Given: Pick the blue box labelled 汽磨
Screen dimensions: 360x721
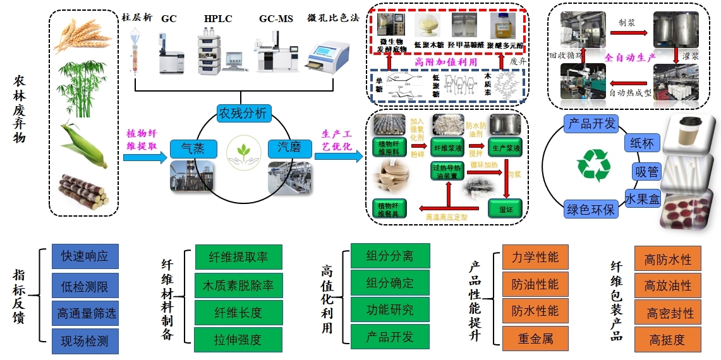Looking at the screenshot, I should [x=289, y=149].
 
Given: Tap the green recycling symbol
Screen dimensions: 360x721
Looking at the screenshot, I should [x=593, y=167].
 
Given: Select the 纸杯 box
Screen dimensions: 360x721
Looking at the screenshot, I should [x=643, y=143].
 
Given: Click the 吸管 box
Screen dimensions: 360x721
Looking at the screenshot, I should [x=646, y=171].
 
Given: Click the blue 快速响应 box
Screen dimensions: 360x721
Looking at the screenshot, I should [x=85, y=256].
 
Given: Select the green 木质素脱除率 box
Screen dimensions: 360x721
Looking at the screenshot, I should [x=238, y=285].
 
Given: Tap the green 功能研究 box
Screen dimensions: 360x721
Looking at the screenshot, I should [x=389, y=309].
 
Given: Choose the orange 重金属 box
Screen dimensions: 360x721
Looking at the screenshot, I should [x=535, y=339].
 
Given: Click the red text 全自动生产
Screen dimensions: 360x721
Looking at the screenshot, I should [x=631, y=57].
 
